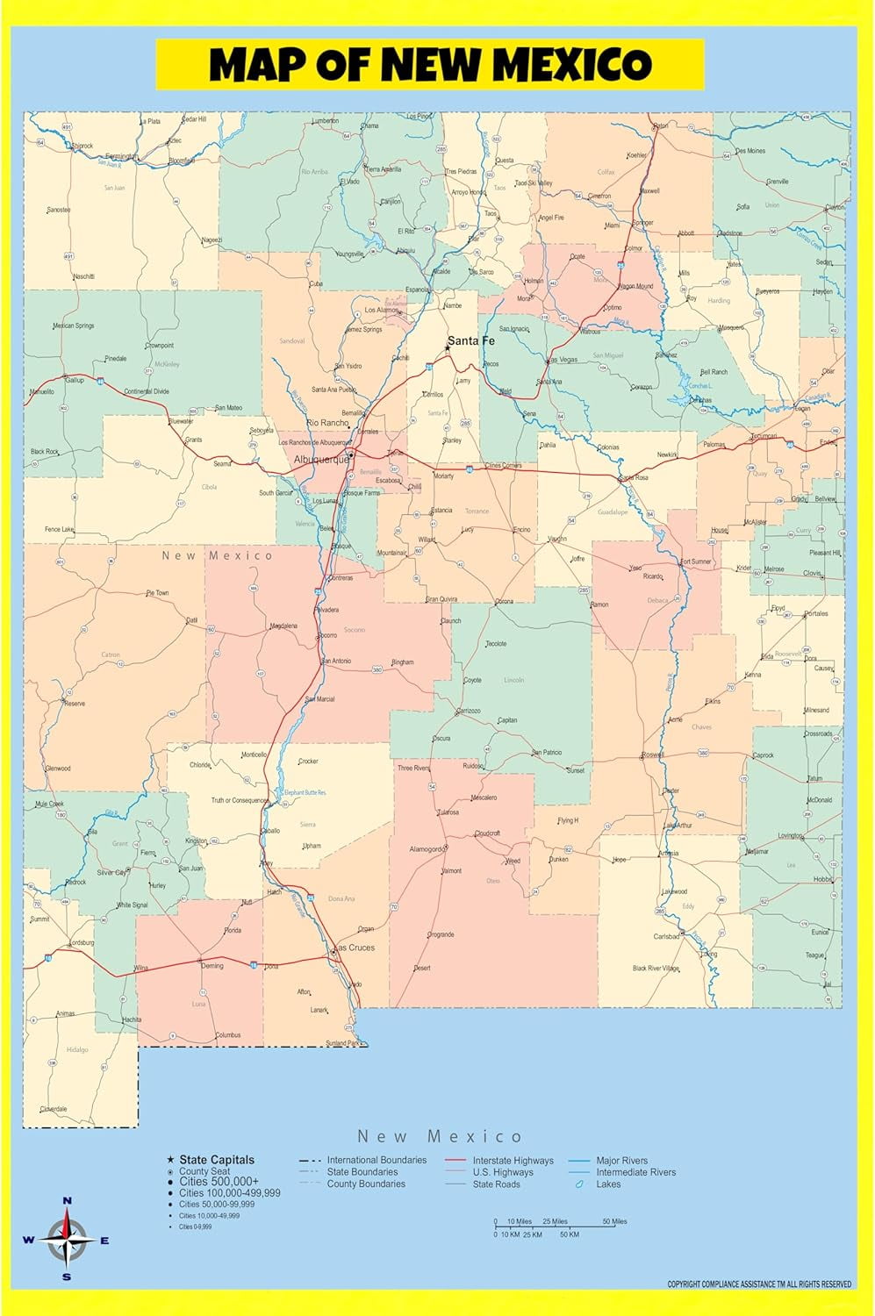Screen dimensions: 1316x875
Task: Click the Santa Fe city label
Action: pyautogui.click(x=471, y=340)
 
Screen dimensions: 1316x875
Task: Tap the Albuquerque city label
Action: pyautogui.click(x=321, y=459)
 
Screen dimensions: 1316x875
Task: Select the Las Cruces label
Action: pyautogui.click(x=355, y=948)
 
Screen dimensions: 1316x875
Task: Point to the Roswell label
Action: pyautogui.click(x=652, y=755)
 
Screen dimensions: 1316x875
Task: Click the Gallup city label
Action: pyautogui.click(x=75, y=380)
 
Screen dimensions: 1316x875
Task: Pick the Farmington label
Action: pyautogui.click(x=121, y=156)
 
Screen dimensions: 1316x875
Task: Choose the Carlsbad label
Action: pyautogui.click(x=666, y=936)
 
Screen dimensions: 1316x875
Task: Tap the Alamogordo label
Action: pyautogui.click(x=427, y=849)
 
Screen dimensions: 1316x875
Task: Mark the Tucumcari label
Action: pyautogui.click(x=763, y=436)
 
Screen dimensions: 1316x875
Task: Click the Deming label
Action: pyautogui.click(x=212, y=966)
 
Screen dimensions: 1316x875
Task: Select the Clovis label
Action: pyautogui.click(x=812, y=574)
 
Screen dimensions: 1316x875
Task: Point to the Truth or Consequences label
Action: pyautogui.click(x=240, y=800)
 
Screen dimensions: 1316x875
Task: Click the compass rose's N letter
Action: pyautogui.click(x=67, y=1200)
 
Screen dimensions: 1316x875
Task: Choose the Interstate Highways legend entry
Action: pyautogui.click(x=513, y=1160)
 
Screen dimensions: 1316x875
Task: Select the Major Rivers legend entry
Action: pyautogui.click(x=622, y=1160)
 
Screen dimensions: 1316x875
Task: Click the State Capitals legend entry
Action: pyautogui.click(x=217, y=1159)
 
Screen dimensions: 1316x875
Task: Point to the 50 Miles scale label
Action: pyautogui.click(x=614, y=1221)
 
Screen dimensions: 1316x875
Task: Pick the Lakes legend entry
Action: pyautogui.click(x=608, y=1184)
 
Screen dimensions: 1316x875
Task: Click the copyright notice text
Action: pyautogui.click(x=759, y=1284)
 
